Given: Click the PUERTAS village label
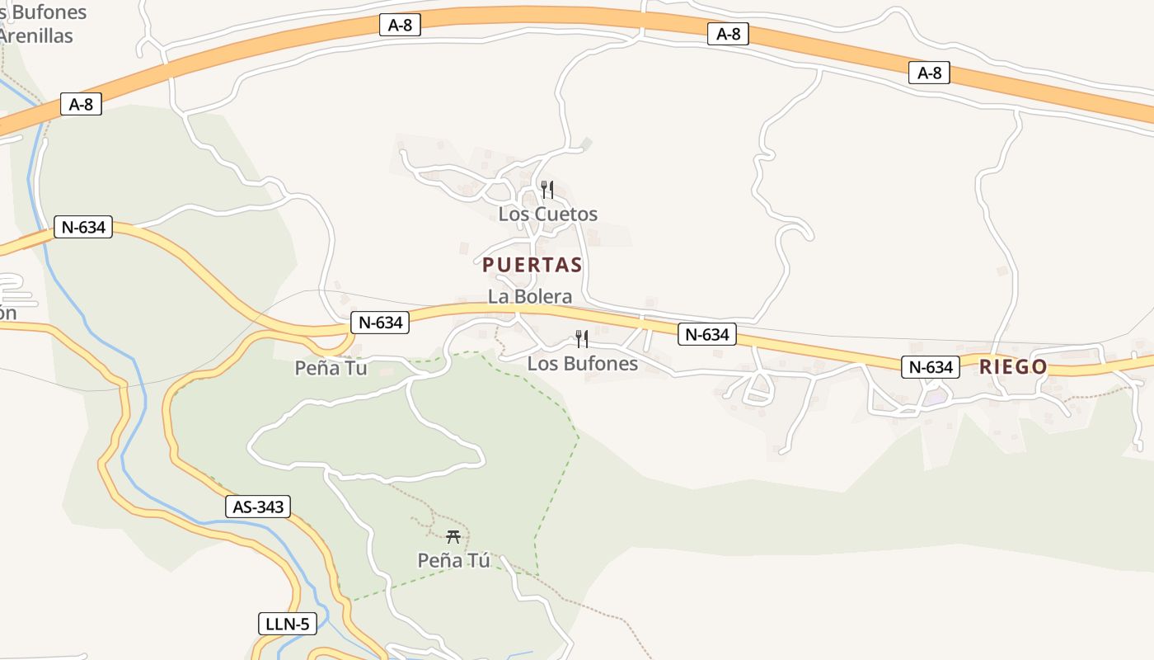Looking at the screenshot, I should coord(532,265).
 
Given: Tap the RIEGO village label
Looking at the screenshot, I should coord(1013,367).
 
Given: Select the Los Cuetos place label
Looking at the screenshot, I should coord(547,214).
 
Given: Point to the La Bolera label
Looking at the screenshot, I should coord(529,297).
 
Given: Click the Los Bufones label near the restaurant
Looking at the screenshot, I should coord(582,363).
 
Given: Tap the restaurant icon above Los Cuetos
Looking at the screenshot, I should coord(547,190).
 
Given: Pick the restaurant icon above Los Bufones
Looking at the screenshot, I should coord(582,338).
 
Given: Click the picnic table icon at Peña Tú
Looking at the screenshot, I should coord(453,537).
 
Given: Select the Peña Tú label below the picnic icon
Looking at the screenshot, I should coord(453,561).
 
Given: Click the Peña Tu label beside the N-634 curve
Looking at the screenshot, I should coord(331,368).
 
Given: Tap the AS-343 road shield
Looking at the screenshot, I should coord(258,507).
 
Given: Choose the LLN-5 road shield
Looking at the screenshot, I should coord(287,624).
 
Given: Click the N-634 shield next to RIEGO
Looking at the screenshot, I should coord(930,367).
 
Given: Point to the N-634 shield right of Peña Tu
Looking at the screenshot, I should coord(380,323).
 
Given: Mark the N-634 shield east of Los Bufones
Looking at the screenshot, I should coord(706,334).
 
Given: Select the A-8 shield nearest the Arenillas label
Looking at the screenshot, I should coord(81,105).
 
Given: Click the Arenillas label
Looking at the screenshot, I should coord(36,36).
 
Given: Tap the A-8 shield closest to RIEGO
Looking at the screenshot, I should coord(929,73).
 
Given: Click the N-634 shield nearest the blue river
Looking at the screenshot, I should coord(83,227).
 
